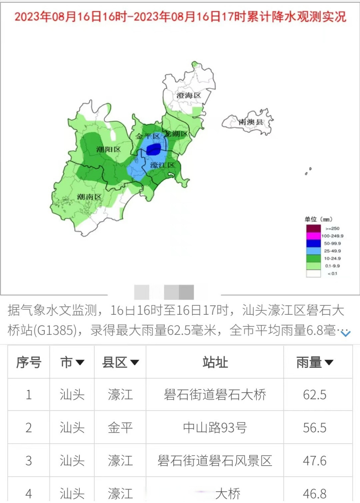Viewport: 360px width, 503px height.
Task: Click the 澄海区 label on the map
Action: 188,95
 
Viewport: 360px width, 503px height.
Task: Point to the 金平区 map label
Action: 148,136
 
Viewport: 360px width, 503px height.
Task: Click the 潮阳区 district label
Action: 108,149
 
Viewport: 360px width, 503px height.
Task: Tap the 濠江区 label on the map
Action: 162,165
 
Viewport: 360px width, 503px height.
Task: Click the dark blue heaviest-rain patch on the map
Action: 154,149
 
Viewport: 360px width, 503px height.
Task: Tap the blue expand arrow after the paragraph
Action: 345,334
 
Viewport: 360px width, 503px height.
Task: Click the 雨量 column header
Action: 314,362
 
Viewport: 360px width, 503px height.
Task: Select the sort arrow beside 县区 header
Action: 135,362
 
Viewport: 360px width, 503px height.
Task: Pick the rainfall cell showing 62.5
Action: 314,395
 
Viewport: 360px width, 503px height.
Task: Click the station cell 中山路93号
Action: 215,428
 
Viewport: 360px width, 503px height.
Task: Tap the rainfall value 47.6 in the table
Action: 314,461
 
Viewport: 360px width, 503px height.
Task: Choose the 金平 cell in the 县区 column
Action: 120,428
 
